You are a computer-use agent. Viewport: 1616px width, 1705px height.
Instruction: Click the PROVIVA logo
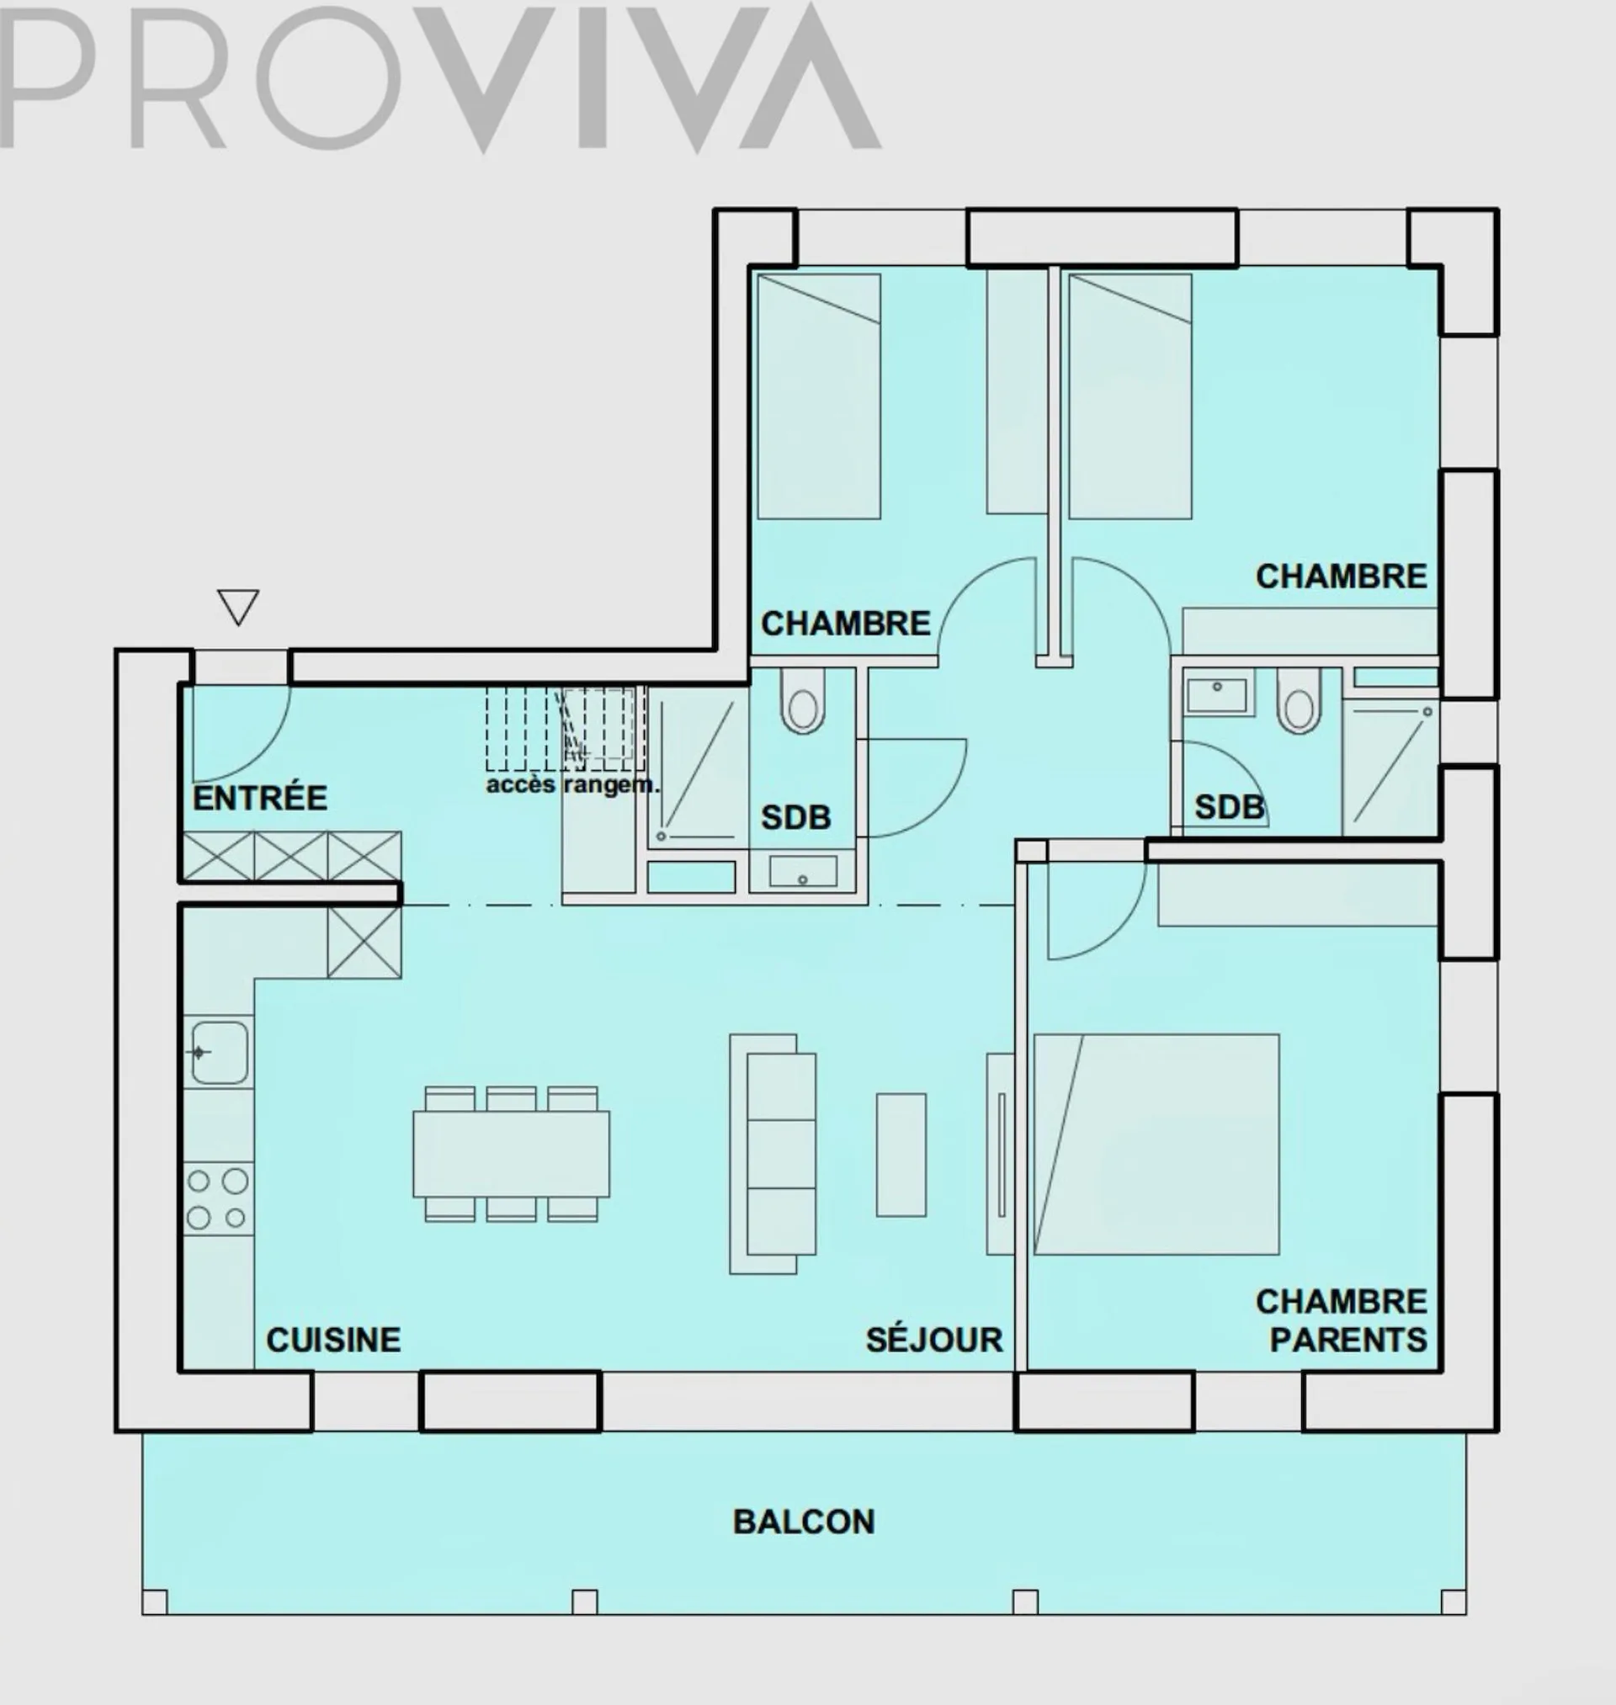[439, 77]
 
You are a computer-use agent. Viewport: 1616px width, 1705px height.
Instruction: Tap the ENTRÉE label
[260, 799]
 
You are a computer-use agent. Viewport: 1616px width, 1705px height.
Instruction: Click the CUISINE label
[333, 1340]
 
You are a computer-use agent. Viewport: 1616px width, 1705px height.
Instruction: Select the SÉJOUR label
[934, 1340]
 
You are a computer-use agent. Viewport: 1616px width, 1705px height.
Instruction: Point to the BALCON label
[804, 1522]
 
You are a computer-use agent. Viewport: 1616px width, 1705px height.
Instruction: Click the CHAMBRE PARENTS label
[1342, 1322]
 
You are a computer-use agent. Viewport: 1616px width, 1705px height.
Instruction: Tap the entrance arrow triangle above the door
[238, 607]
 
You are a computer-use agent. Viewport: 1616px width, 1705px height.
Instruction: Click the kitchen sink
[220, 1052]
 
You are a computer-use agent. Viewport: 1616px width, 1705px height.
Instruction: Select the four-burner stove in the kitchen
[218, 1198]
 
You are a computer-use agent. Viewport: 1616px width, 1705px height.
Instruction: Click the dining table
[511, 1154]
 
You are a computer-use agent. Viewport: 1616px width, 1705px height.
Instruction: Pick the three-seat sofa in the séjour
[773, 1154]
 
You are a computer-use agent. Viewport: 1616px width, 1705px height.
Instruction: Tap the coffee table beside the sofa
[901, 1155]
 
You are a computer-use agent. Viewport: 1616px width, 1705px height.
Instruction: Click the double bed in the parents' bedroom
[1156, 1145]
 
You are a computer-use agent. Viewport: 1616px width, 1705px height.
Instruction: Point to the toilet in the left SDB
[802, 701]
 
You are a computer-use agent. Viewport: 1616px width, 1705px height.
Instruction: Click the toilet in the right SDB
[1298, 701]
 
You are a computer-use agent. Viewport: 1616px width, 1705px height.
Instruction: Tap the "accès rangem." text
[573, 785]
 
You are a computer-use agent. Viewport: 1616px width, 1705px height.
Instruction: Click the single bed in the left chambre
[818, 396]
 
